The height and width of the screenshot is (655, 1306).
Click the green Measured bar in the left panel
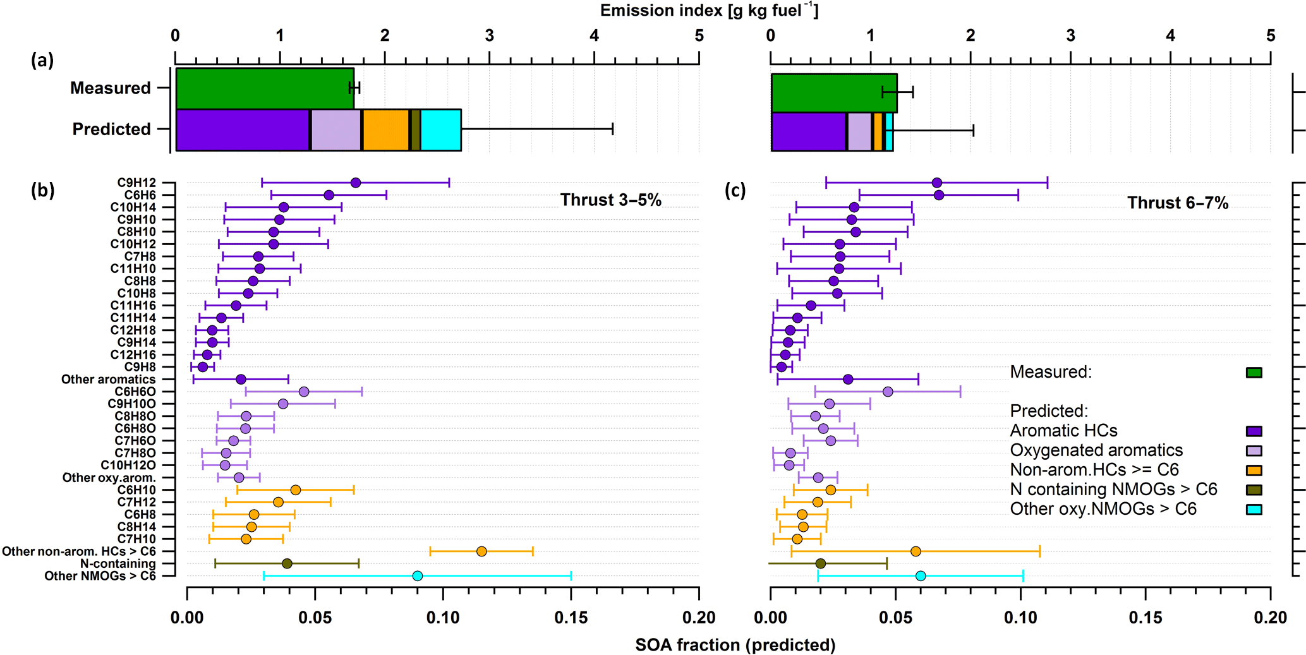coord(264,88)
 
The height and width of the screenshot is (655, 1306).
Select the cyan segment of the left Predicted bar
coord(440,130)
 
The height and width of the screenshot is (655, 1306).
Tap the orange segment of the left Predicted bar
coord(385,130)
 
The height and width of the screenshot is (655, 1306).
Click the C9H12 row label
coord(136,183)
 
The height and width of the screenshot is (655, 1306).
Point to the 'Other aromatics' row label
coord(108,380)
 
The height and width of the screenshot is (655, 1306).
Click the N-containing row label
coord(118,564)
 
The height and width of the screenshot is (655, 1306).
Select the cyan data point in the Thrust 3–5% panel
coord(417,576)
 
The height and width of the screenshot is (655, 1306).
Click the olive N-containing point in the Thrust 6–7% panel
coord(820,564)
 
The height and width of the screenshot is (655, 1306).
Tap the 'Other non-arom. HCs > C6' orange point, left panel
coord(481,551)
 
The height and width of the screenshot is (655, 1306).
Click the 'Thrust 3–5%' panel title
coord(610,201)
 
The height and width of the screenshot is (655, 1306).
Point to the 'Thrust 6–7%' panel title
coord(1178,203)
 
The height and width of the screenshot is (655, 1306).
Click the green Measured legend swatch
coord(1254,373)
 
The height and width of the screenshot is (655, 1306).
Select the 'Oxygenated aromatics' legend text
coord(1096,450)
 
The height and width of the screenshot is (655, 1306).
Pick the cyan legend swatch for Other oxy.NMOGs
coord(1254,510)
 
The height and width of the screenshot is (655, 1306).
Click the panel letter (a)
coord(42,61)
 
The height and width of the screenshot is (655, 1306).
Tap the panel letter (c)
coord(735,191)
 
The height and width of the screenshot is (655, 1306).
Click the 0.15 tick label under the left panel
coord(571,618)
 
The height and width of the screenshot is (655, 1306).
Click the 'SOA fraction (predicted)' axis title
coord(735,645)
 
